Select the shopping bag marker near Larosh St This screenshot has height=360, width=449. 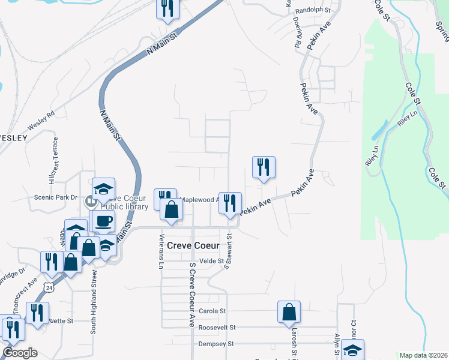click(289, 312)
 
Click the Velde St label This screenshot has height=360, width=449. click(211, 261)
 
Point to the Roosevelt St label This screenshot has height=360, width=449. click(218, 328)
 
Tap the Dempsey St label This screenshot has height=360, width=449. click(216, 344)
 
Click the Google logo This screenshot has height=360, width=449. click(20, 353)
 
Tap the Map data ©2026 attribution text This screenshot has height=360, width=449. click(424, 355)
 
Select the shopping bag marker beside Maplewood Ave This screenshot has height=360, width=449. click(172, 210)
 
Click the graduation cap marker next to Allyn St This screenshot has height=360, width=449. click(353, 350)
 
